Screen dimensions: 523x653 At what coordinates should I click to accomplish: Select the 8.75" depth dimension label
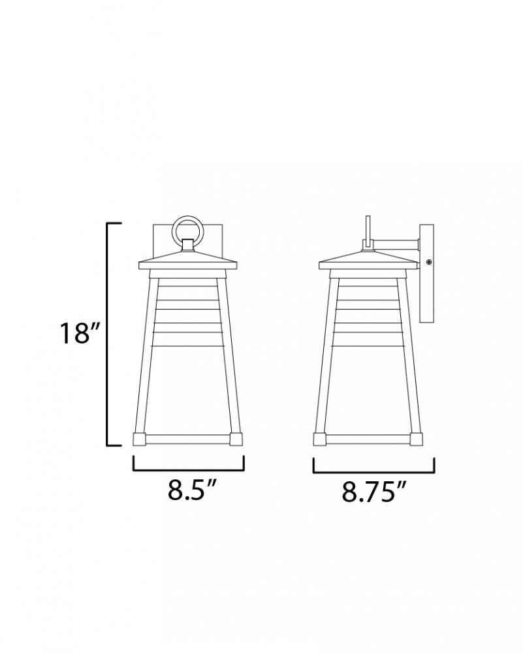[373, 492]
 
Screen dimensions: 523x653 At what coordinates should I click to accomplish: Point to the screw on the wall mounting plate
[428, 262]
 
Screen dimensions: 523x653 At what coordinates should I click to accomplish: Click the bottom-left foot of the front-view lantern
[139, 439]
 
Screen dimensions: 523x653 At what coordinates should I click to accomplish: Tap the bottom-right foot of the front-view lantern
[236, 439]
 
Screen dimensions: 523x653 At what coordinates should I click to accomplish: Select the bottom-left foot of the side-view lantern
[320, 439]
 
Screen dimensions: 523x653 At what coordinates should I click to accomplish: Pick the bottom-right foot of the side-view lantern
[416, 439]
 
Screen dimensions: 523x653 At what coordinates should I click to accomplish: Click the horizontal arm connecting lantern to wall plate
[395, 244]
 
